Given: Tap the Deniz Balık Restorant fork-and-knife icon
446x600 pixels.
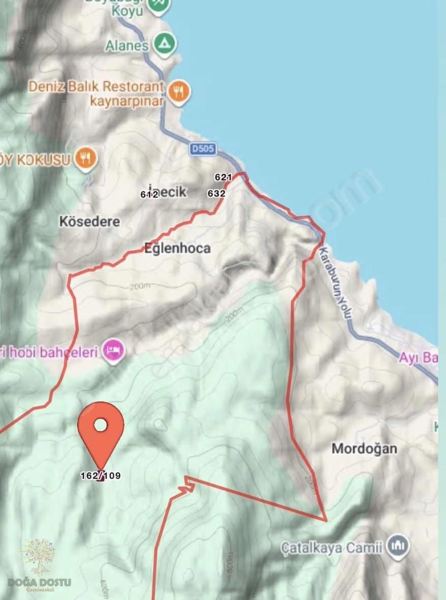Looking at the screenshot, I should pyautogui.click(x=178, y=92).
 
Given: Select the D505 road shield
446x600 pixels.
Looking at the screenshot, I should pyautogui.click(x=203, y=149).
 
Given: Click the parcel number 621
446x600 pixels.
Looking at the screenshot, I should pyautogui.click(x=223, y=177).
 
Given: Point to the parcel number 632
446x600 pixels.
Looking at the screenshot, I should pyautogui.click(x=217, y=194).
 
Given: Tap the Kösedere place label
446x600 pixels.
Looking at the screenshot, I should pyautogui.click(x=90, y=222).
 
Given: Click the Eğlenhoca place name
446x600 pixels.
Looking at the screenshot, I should pyautogui.click(x=177, y=249).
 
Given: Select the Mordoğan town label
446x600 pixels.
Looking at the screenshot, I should pyautogui.click(x=364, y=448).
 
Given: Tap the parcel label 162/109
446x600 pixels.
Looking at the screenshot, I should pyautogui.click(x=101, y=476).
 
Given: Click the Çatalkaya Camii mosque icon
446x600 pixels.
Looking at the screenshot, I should pyautogui.click(x=398, y=547).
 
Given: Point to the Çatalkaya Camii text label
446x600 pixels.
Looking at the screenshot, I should pyautogui.click(x=332, y=548).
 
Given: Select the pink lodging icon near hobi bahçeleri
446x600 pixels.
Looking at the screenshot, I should pyautogui.click(x=113, y=350).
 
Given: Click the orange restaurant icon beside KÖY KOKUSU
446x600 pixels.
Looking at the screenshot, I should pyautogui.click(x=85, y=159).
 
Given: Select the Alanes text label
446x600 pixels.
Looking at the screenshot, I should pyautogui.click(x=127, y=45).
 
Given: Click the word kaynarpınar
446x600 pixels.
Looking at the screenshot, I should pyautogui.click(x=127, y=101).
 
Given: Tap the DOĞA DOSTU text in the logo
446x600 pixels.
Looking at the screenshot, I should pyautogui.click(x=40, y=583).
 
